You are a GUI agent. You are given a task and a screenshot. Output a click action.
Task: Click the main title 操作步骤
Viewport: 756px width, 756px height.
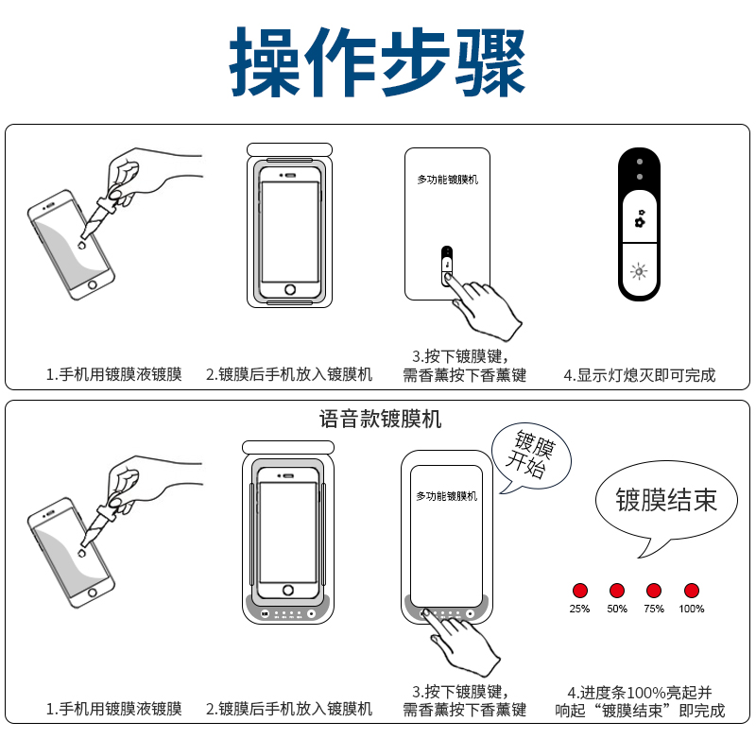pos(377,62)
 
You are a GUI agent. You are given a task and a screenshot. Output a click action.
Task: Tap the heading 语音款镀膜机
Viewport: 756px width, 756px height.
pos(381,419)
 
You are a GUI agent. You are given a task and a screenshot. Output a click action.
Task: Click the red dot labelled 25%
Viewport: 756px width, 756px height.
pos(580,591)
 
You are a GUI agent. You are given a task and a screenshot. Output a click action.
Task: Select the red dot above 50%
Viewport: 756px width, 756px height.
pos(617,591)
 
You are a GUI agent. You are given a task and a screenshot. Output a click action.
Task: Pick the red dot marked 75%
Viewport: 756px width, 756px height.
pos(654,591)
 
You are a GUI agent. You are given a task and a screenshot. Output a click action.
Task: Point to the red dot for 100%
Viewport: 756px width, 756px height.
pos(692,591)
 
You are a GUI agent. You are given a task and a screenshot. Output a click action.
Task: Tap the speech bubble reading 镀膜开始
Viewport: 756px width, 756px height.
pos(531,456)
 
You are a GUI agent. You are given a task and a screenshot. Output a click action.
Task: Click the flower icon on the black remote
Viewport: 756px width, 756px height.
pos(640,218)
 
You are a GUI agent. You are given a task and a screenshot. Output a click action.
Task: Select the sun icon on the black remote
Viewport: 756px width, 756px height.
pos(639,272)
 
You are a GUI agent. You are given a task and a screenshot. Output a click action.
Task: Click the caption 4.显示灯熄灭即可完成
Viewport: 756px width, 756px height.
pos(640,375)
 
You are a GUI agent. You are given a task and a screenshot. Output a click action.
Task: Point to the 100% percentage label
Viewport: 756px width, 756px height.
pos(692,609)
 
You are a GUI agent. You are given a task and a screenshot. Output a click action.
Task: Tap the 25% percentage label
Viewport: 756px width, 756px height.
pos(579,609)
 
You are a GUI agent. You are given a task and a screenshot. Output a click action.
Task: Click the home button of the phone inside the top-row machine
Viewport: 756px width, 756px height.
pos(290,289)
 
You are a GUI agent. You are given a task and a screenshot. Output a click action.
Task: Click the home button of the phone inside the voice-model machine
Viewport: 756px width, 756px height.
pos(288,590)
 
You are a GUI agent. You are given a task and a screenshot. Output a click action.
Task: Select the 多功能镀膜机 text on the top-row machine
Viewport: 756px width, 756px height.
pos(448,180)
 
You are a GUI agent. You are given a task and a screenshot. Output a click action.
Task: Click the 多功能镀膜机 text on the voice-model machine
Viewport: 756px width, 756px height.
pos(447,496)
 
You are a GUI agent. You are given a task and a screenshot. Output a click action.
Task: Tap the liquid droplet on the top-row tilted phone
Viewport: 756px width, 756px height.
pos(81,246)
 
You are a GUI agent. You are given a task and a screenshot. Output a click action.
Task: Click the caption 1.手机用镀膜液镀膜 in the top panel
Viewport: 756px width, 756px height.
pos(113,374)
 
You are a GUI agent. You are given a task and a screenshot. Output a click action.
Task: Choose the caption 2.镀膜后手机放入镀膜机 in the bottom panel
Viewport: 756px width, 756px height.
pos(289,710)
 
